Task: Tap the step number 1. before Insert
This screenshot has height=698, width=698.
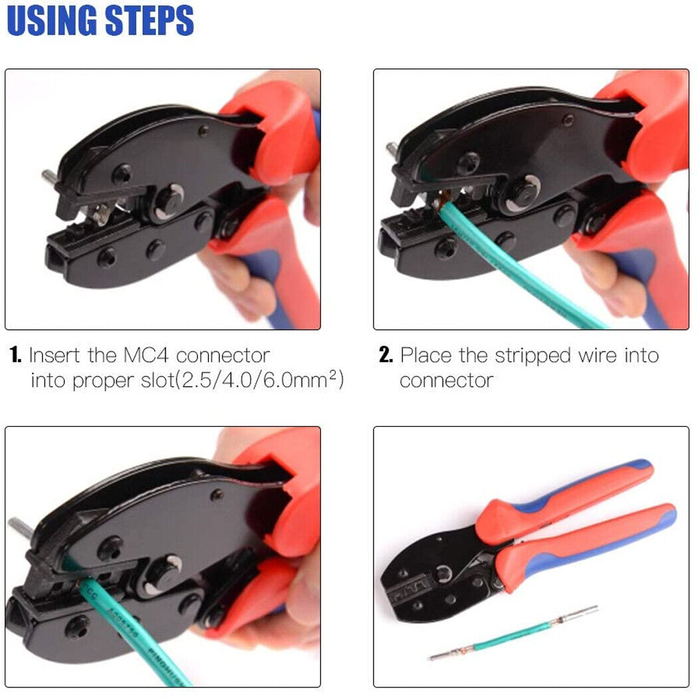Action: [17, 356]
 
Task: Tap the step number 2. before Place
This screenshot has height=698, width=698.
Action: [386, 356]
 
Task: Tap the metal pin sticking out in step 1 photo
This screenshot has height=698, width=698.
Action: [49, 177]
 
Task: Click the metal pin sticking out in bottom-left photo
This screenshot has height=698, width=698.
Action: [19, 526]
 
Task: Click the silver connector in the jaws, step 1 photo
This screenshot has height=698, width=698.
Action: [103, 213]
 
